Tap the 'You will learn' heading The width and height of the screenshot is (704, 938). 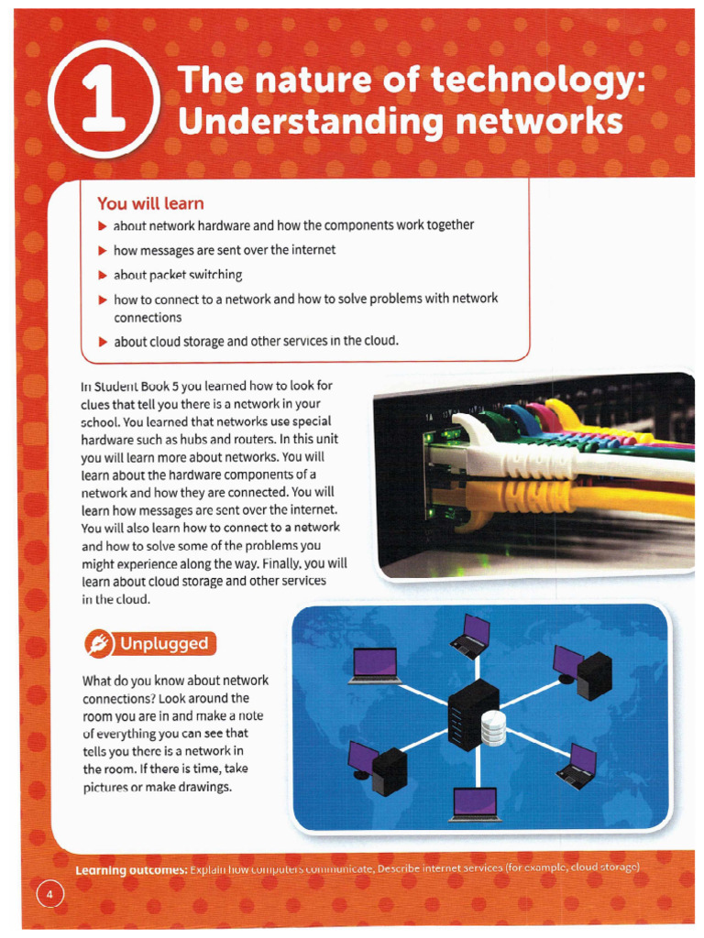pyautogui.click(x=150, y=203)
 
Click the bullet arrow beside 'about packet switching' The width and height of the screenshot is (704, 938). pyautogui.click(x=103, y=275)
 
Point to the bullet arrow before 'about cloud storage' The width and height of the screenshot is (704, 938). pyautogui.click(x=103, y=342)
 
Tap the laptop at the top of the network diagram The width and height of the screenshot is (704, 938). pyautogui.click(x=472, y=636)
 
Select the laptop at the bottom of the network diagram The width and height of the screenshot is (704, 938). pyautogui.click(x=476, y=803)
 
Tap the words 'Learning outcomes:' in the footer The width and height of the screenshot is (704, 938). pyautogui.click(x=131, y=868)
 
